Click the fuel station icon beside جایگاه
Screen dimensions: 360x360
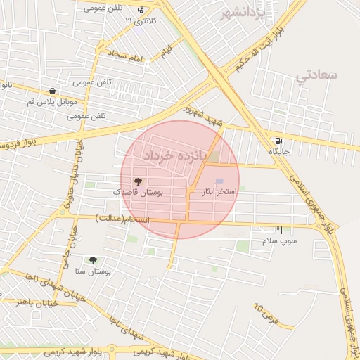[x=280, y=140]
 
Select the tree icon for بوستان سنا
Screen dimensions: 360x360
[x=93, y=261]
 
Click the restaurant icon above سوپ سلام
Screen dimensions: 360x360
[x=279, y=231]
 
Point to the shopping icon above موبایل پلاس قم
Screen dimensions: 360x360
[x=53, y=91]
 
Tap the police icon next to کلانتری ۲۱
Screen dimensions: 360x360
[x=141, y=10]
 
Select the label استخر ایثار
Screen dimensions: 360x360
[x=220, y=191]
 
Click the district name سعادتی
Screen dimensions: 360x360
[x=316, y=75]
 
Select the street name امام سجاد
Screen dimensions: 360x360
[x=125, y=55]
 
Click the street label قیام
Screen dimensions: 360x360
[x=167, y=51]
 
